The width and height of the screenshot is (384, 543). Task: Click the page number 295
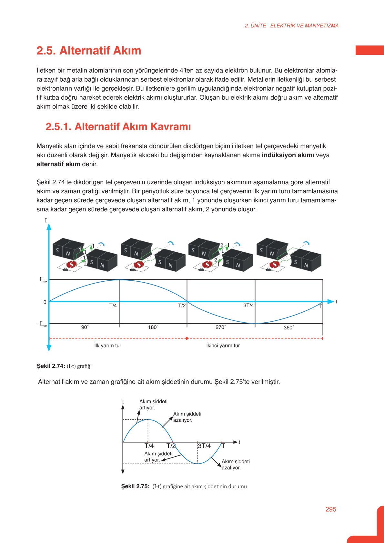(331, 509)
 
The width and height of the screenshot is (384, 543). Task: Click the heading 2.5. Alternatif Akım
(89, 51)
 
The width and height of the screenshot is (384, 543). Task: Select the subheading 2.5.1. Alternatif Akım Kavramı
(118, 126)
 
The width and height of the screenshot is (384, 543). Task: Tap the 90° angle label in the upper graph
(85, 327)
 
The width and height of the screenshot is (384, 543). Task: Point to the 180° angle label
(153, 327)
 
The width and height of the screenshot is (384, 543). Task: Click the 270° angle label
(221, 327)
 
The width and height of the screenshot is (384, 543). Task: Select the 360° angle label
(289, 327)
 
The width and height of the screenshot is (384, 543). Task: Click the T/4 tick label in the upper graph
(113, 306)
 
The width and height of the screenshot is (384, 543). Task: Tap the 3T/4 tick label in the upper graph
(248, 306)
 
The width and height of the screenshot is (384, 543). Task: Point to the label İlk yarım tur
(108, 346)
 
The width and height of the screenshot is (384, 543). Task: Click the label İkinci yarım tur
(223, 346)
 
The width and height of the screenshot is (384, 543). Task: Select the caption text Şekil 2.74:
(51, 366)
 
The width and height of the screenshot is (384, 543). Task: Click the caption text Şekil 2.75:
(135, 486)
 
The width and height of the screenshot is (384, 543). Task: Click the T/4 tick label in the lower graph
(149, 446)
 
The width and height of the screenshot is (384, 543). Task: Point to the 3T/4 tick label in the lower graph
(204, 446)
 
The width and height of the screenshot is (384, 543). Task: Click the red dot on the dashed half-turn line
(187, 338)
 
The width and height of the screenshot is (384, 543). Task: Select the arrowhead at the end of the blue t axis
(331, 302)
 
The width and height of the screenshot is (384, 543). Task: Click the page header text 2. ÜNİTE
(255, 26)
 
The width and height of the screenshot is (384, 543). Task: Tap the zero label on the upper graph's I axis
(45, 302)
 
